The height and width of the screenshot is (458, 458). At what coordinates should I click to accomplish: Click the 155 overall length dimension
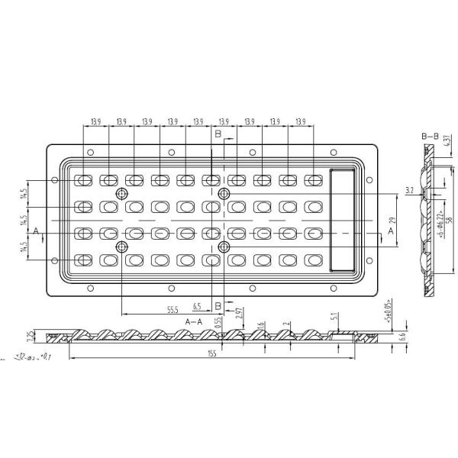click(x=211, y=353)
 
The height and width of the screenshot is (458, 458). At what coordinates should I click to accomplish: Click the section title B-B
click(x=431, y=135)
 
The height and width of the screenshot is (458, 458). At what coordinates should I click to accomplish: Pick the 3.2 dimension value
click(x=409, y=189)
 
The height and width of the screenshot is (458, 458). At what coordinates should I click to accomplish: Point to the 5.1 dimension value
click(x=334, y=315)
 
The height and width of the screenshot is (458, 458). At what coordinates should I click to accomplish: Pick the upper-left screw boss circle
click(x=121, y=195)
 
